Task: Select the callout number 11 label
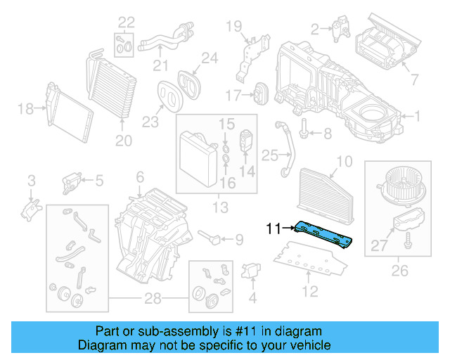tap(274, 228)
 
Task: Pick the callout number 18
tap(25, 109)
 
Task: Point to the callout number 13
tap(221, 207)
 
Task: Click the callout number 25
tap(270, 155)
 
